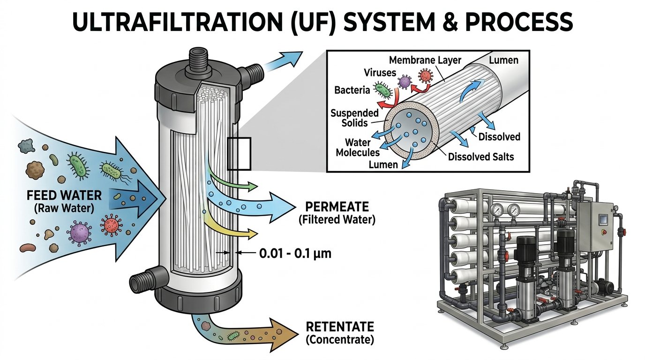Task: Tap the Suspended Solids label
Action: [354, 119]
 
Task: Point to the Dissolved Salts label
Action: [481, 157]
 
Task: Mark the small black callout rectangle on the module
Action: [239, 153]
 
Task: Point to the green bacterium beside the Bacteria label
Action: [382, 90]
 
